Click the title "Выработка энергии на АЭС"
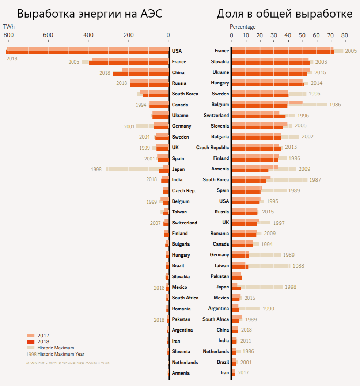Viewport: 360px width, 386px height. coord(90,14)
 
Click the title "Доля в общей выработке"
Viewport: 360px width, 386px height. coord(284,14)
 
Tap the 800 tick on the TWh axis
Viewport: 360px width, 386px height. coord(8,35)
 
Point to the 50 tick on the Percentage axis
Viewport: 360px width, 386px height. coord(302,35)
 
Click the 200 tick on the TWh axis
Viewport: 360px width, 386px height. coord(128,35)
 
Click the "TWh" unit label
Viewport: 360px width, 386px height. coord(8,27)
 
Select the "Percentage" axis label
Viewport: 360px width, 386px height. coord(243,27)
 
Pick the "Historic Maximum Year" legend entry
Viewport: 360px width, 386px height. coord(55,354)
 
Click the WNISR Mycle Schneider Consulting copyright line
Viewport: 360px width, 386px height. coord(68,363)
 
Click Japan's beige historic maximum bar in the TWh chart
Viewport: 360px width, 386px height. coord(132,169)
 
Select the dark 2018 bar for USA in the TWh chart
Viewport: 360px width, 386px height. coord(88,52)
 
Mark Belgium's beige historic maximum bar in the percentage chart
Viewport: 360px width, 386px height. coord(314,105)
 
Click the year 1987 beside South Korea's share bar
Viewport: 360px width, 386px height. coord(315,180)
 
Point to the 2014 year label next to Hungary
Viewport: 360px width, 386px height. coord(316,83)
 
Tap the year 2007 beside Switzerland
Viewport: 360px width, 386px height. coord(156,223)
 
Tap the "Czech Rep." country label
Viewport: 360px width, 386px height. coord(184,191)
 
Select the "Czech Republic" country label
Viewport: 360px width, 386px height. coord(212,148)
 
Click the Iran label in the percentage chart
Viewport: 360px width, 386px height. coord(224,373)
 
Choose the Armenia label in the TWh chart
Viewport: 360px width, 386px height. coord(181,373)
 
